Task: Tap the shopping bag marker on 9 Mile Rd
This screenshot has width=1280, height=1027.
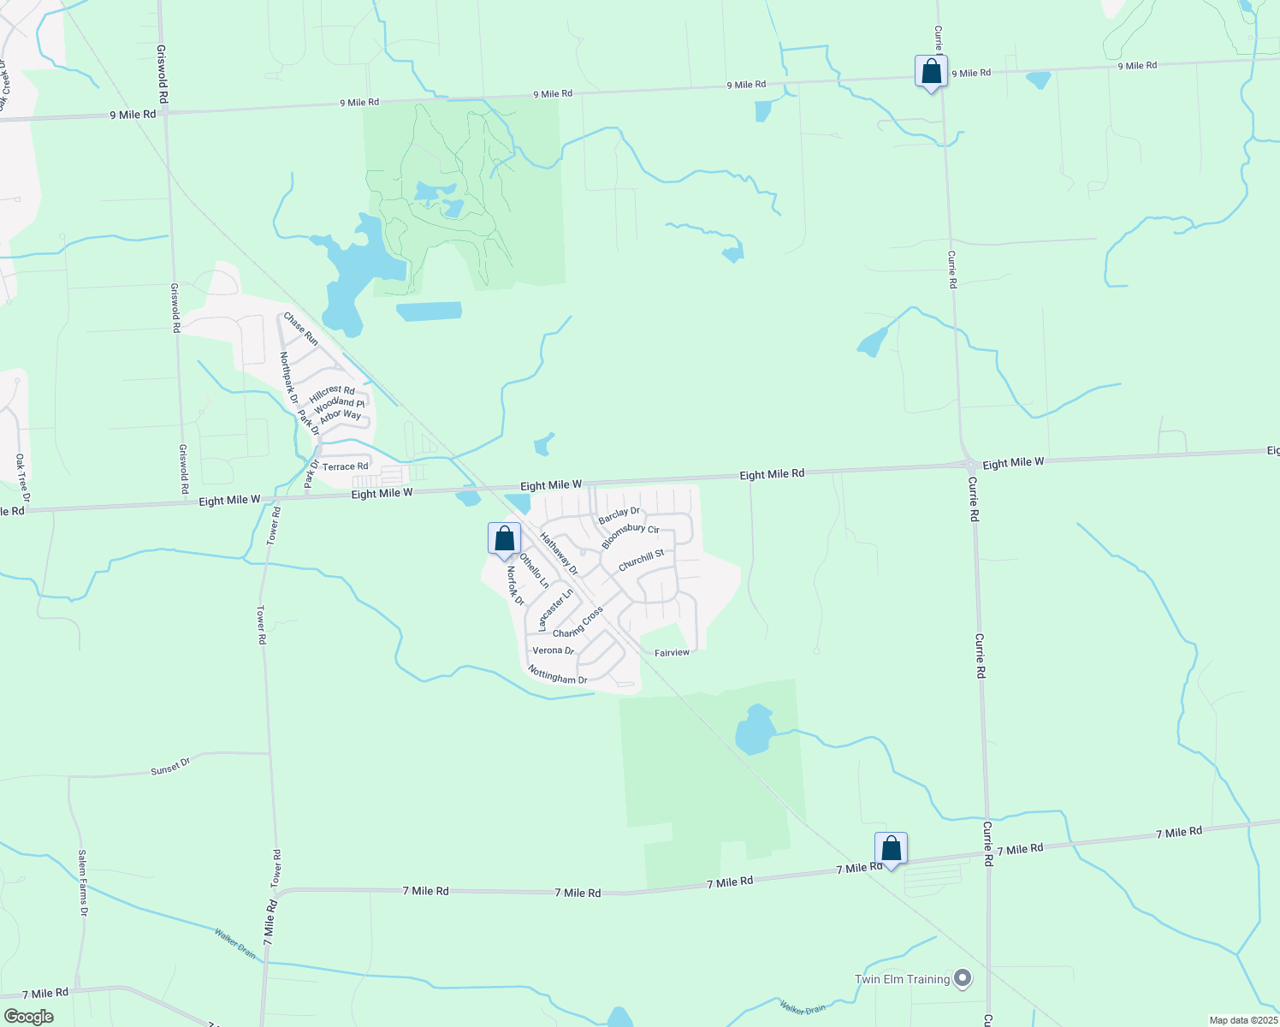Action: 931,72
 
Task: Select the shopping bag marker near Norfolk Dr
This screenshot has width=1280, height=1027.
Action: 504,539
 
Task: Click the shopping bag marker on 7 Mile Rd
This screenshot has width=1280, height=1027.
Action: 891,849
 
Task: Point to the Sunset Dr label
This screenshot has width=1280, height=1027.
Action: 170,766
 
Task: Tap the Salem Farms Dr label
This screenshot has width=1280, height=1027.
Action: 83,883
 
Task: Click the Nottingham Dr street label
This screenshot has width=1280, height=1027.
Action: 558,674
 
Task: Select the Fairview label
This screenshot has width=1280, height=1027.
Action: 672,653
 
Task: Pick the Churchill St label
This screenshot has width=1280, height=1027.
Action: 641,561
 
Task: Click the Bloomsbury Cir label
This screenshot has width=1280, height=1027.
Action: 630,535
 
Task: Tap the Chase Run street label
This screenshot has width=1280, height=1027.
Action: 301,329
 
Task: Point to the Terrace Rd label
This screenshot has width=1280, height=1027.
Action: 345,466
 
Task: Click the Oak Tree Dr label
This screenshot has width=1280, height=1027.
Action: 22,478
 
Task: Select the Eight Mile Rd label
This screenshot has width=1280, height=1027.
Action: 772,473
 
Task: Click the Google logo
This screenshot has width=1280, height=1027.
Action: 28,1016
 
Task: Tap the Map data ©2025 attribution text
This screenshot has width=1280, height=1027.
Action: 1241,1020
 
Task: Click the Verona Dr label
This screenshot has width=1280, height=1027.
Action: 553,650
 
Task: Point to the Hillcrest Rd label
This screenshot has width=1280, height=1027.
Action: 332,395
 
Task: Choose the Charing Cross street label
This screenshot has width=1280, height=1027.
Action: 578,622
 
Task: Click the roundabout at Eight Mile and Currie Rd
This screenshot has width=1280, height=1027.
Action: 971,466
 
